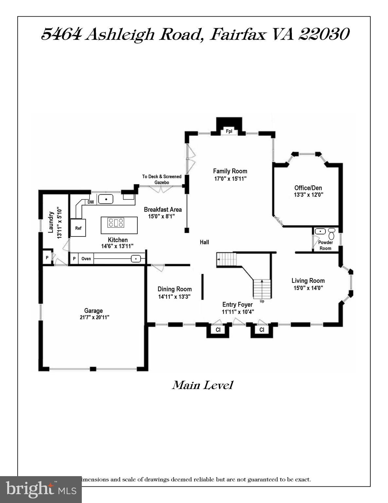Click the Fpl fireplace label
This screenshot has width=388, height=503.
pos(229,131)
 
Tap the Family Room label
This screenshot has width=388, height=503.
pos(230,171)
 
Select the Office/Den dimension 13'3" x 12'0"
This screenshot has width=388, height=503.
pos(308,195)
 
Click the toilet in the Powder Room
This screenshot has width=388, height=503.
pos(332,233)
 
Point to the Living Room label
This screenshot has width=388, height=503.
pos(308,281)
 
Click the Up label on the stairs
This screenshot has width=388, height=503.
pos(262,301)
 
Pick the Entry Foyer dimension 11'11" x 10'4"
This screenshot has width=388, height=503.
pos(238,312)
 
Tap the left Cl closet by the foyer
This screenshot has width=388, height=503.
pos(218,330)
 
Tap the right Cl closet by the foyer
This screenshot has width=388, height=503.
pos(262,330)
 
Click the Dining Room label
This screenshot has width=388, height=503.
pos(174,289)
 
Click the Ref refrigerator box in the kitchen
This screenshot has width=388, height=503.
pos(78,228)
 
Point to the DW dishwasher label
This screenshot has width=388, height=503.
pos(91,202)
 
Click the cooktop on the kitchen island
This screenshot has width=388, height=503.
pos(116,223)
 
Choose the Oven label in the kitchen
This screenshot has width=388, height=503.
pos(86,259)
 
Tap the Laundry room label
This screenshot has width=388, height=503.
pos(51,222)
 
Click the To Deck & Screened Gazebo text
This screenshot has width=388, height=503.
pos(162,179)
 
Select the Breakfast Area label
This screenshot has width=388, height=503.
pos(163,210)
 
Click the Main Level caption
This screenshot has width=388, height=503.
pos(202,385)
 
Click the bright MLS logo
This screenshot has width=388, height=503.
pos(41,490)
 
